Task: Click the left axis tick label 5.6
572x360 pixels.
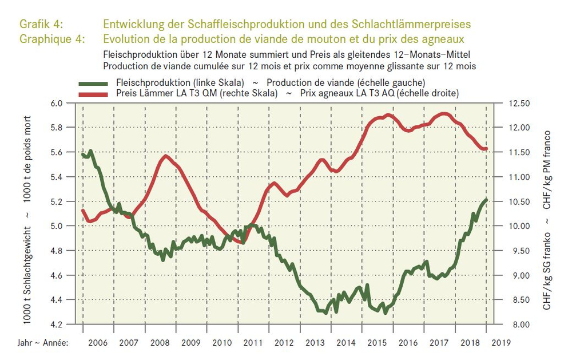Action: [x=56, y=152]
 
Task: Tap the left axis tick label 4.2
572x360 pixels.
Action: [x=56, y=325]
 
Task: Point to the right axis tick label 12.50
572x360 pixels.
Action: [x=519, y=104]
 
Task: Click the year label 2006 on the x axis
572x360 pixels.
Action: [x=98, y=343]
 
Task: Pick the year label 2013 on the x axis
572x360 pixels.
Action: [x=315, y=343]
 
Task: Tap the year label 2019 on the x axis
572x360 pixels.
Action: [x=501, y=343]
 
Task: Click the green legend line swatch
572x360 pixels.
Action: [x=93, y=84]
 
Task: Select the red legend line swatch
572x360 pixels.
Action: [x=93, y=94]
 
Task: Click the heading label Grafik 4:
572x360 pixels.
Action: [x=41, y=24]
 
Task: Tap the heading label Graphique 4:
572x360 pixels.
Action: [x=52, y=39]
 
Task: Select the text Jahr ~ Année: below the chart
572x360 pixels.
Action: [x=43, y=343]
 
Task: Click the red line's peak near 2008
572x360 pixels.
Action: [x=166, y=156]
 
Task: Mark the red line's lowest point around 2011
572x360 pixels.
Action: [x=242, y=242]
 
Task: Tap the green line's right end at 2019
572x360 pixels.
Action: [x=486, y=200]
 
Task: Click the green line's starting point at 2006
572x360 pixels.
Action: [x=82, y=154]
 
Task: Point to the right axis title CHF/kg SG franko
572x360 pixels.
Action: [x=546, y=271]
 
